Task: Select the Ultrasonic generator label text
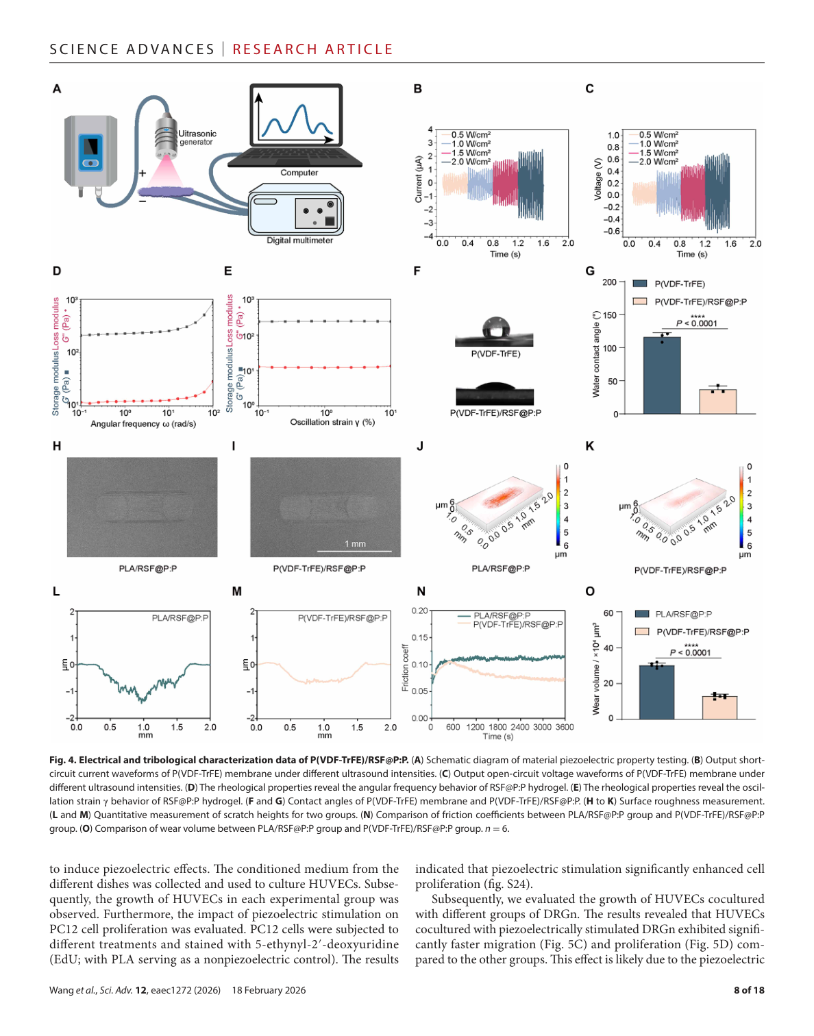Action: coord(197,137)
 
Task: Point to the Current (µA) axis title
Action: coord(419,180)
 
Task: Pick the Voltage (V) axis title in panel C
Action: coord(597,180)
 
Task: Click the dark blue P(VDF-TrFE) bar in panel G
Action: coord(661,375)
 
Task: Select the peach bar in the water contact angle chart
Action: coord(717,402)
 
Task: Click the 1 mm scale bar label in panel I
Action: coord(355,543)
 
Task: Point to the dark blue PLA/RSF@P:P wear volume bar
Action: coord(656,692)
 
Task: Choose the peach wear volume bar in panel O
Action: coord(719,708)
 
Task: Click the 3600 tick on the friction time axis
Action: coord(565,727)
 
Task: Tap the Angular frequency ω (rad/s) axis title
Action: coord(143,424)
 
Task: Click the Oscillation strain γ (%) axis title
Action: coord(332,422)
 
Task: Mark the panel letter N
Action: coord(421,591)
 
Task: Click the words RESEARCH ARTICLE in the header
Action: coord(312,49)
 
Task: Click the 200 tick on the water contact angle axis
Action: coord(609,282)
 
